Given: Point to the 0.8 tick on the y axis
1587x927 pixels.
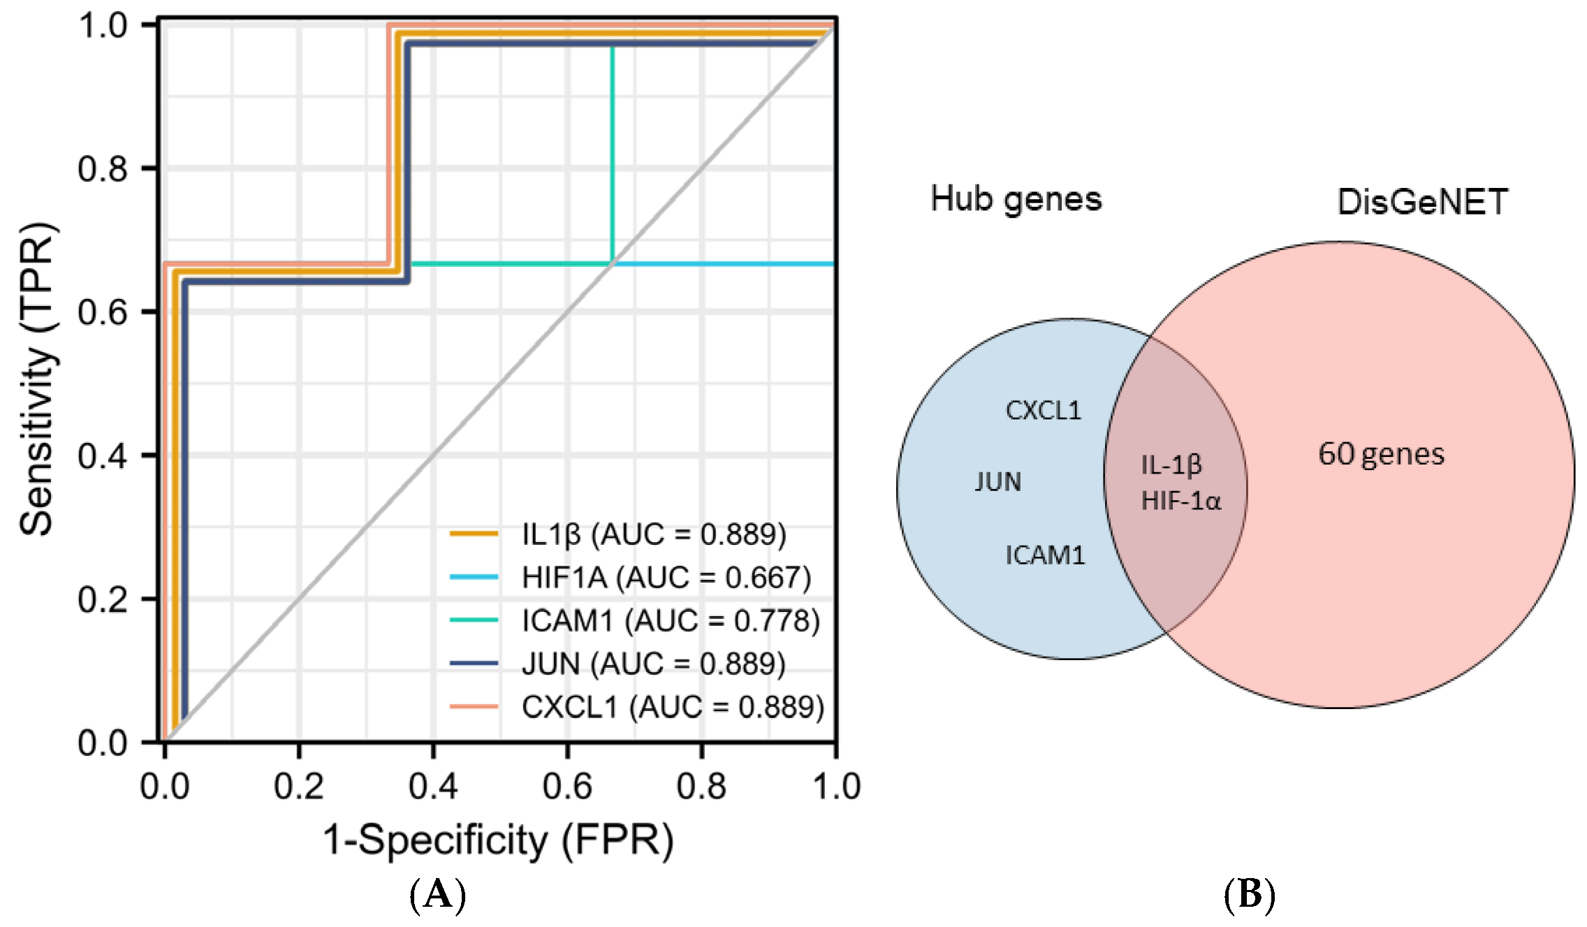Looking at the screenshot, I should tap(103, 168).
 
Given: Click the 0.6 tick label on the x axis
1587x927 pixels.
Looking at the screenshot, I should tap(567, 787).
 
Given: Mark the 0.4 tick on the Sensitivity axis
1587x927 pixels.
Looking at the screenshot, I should tap(103, 455).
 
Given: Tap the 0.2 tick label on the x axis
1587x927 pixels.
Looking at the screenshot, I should tap(299, 787).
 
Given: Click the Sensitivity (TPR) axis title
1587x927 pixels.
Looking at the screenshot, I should tap(36, 379).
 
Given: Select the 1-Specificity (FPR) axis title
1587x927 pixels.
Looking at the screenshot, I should tap(498, 840).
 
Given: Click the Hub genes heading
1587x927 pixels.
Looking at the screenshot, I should tap(1016, 200).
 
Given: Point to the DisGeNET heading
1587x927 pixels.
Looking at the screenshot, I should tap(1422, 203).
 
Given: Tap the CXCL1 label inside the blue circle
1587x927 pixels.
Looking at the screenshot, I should tap(1044, 411).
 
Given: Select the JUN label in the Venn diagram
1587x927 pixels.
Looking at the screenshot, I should tap(998, 482).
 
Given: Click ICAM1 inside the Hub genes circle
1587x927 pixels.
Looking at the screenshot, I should tap(1045, 556).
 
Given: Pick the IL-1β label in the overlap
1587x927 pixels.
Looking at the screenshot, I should tap(1171, 465).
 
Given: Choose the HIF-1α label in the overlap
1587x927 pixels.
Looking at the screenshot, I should tap(1180, 501).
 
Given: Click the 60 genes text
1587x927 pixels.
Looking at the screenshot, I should tap(1381, 455).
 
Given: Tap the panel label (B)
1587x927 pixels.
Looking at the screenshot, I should tap(1250, 895).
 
